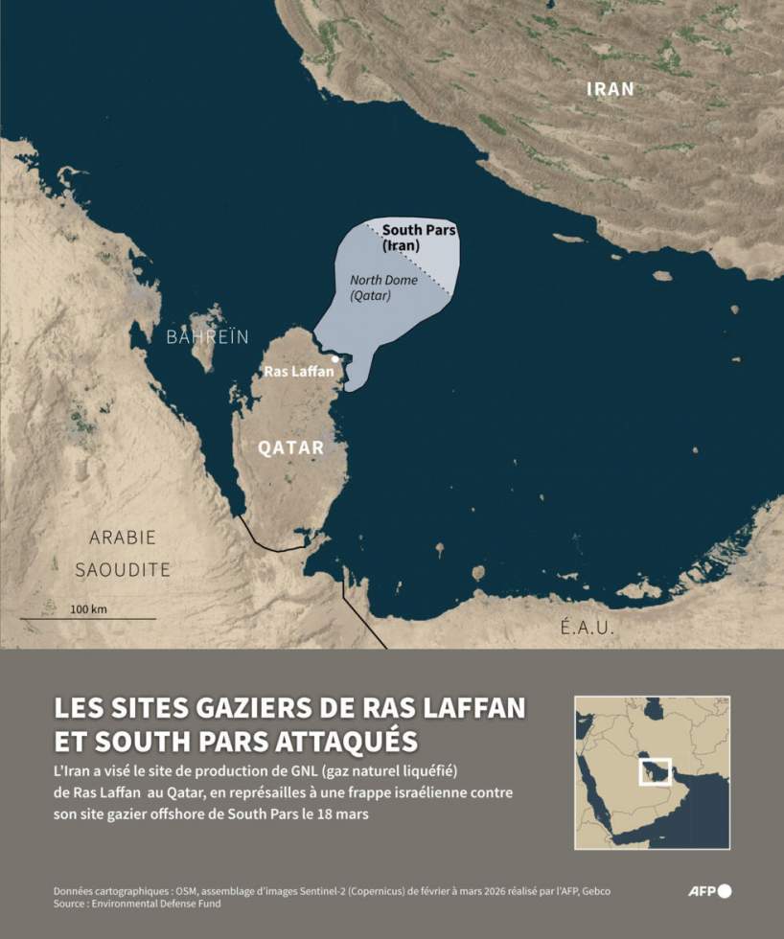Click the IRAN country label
[x=611, y=89]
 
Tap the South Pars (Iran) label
[x=419, y=238]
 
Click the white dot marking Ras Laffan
[x=334, y=359]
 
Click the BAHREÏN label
[x=207, y=337]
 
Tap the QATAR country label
[x=290, y=447]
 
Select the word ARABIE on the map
[x=122, y=538]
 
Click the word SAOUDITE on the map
[x=123, y=570]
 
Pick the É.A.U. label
[x=587, y=629]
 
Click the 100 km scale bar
[x=100, y=618]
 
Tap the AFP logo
[x=710, y=891]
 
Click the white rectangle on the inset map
[x=656, y=771]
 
